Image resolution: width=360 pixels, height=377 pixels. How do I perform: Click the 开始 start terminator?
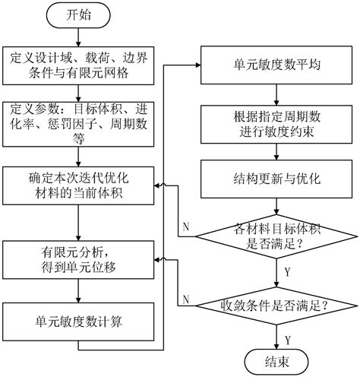coord(80,14)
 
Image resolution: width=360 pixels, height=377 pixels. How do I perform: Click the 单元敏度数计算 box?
coord(78,320)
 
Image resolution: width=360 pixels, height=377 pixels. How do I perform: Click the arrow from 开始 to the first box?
coord(80,35)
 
